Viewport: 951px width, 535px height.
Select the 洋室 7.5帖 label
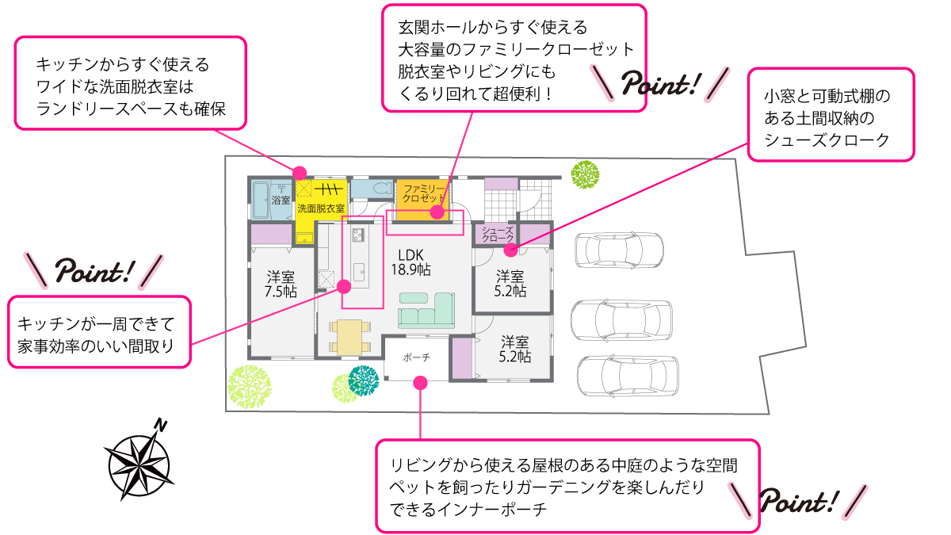click(281, 285)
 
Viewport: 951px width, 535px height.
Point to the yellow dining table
click(349, 336)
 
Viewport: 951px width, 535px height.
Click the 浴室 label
click(281, 201)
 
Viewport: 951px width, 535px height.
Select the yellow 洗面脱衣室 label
click(320, 208)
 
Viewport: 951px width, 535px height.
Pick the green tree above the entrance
click(585, 174)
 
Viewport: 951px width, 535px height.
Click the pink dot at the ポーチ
click(421, 383)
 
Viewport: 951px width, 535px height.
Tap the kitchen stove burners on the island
click(357, 235)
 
